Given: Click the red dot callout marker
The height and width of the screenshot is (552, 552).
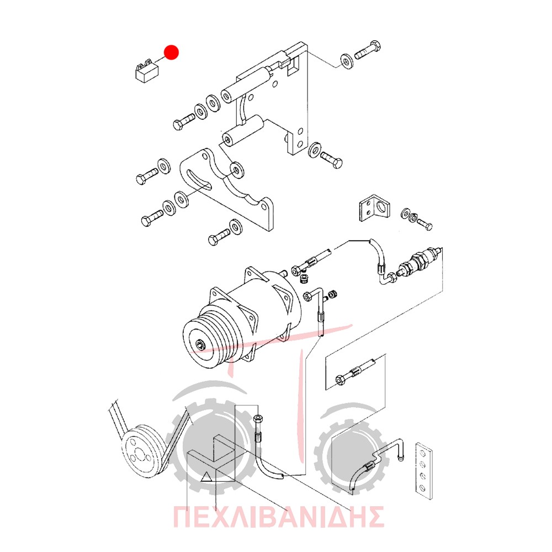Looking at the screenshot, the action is (172, 52).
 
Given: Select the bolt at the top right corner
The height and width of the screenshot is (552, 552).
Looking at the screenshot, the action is (368, 50).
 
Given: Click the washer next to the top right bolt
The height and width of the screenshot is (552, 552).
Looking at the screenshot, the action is (347, 61).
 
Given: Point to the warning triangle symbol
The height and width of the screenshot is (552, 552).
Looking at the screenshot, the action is (206, 477).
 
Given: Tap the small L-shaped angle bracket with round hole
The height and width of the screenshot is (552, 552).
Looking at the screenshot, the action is (374, 208).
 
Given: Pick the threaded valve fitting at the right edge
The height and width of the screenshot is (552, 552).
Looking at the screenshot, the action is (419, 261).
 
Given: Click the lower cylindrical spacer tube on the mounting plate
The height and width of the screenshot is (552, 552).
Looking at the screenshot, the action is (243, 132).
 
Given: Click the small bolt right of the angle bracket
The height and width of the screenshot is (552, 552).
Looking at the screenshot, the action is (424, 223).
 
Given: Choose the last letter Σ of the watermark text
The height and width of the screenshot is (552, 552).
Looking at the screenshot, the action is (374, 517).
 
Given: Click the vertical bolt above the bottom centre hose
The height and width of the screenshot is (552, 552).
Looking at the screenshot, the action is (257, 427).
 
